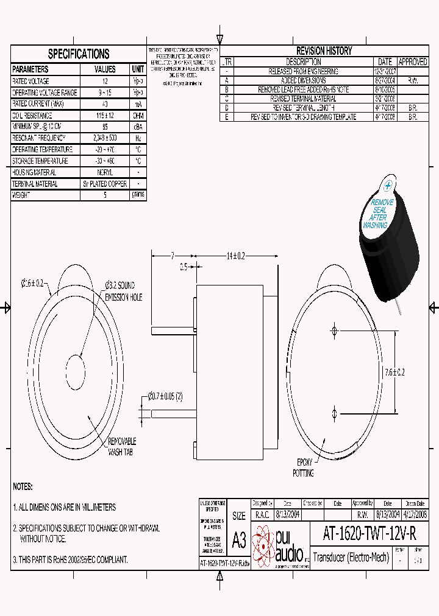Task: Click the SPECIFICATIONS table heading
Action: tap(78, 54)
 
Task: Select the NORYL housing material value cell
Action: tap(104, 172)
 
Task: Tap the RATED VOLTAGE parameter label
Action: tap(31, 81)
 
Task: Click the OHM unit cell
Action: tap(138, 115)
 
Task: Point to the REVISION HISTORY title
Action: tap(324, 51)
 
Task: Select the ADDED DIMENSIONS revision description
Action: tap(303, 80)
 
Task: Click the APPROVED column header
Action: tap(413, 62)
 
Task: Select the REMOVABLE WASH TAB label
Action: tap(121, 446)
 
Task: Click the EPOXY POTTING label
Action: tap(304, 467)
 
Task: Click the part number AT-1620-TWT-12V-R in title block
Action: tap(369, 534)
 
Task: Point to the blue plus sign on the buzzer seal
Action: tap(387, 189)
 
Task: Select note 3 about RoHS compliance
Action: tap(70, 559)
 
